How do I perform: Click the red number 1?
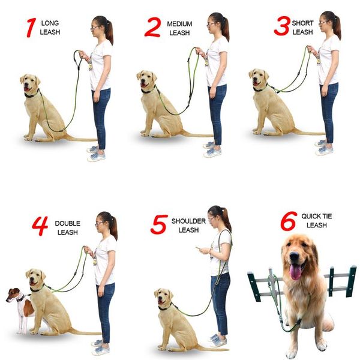31,28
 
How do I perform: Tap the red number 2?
152,27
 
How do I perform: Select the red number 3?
282,26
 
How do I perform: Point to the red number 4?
40,226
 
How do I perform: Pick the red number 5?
159,224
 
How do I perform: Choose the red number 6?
289,221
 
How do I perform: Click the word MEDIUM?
179,24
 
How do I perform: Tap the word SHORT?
302,23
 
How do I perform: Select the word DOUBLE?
67,223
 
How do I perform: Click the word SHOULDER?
188,221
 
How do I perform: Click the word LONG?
50,23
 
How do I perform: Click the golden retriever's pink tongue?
296,271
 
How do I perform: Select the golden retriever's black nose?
294,256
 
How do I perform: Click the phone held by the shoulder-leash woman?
197,248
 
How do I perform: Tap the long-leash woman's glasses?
95,28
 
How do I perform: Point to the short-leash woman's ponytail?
337,26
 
